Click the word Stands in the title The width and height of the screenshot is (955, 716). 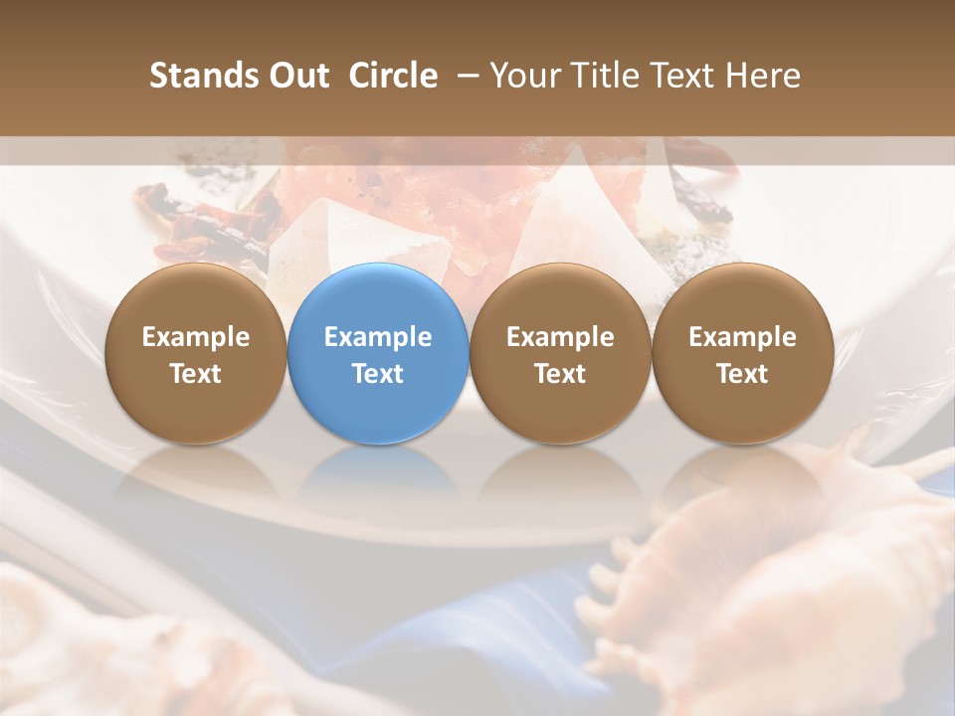point(200,76)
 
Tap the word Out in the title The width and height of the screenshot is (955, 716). point(295,76)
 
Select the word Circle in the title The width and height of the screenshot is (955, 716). point(393,76)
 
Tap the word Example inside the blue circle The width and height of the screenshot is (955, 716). point(378,337)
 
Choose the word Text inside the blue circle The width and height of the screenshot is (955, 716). point(378,374)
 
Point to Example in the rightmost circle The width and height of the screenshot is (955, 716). point(742,337)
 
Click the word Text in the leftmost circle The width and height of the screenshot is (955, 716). point(195,374)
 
